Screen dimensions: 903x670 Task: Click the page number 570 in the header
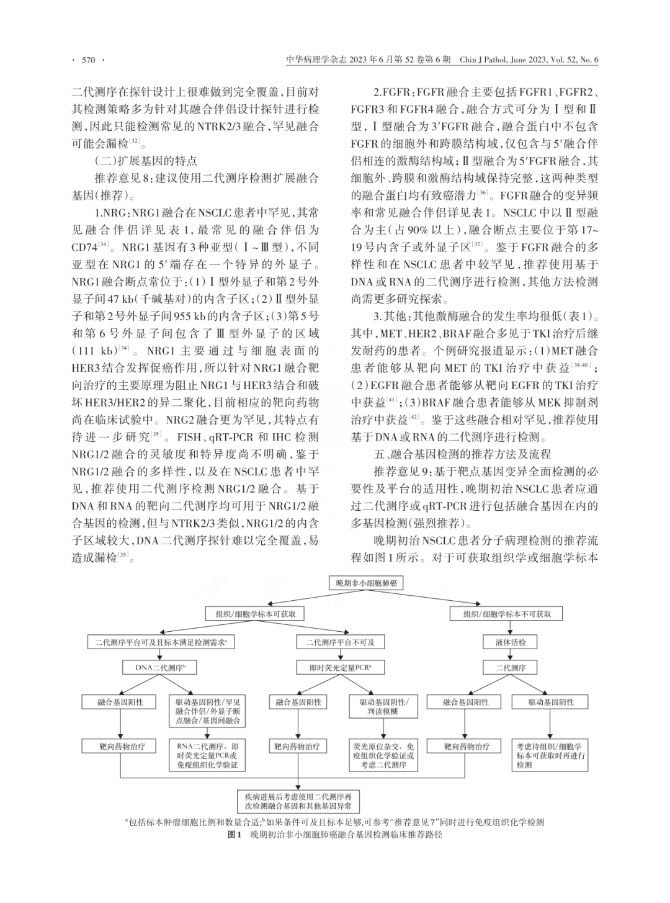pyautogui.click(x=88, y=60)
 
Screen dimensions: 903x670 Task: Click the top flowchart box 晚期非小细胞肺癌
pyautogui.click(x=367, y=583)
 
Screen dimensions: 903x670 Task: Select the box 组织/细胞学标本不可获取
pyautogui.click(x=507, y=614)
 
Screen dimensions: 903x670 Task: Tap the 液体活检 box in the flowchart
pyautogui.click(x=511, y=643)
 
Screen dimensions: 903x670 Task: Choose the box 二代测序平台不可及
pyautogui.click(x=340, y=643)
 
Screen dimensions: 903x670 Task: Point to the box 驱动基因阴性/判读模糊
pyautogui.click(x=388, y=707)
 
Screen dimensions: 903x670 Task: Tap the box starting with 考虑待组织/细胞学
pyautogui.click(x=548, y=755)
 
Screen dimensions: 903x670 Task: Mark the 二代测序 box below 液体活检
pyautogui.click(x=511, y=668)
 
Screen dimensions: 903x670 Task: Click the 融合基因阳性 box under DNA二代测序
pyautogui.click(x=120, y=702)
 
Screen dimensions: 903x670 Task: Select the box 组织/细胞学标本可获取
pyautogui.click(x=251, y=614)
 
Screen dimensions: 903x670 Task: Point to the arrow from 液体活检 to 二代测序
pyautogui.click(x=511, y=655)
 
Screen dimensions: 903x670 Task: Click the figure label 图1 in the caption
pyautogui.click(x=234, y=835)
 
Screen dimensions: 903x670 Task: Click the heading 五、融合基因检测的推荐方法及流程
pyautogui.click(x=462, y=454)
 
